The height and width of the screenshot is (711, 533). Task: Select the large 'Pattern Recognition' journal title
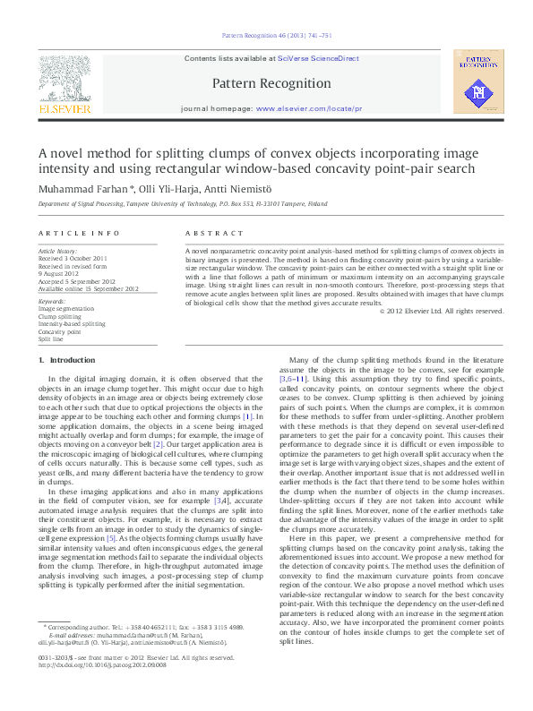click(272, 83)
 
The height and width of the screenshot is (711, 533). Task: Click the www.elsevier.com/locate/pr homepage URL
click(309, 108)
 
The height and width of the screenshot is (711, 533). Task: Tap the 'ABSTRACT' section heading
click(207, 232)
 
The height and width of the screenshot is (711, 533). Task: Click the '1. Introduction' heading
click(67, 360)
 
